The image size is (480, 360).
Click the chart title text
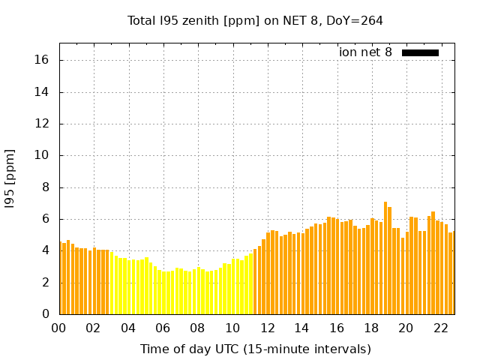click(255, 20)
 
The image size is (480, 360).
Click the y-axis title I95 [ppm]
click(10, 178)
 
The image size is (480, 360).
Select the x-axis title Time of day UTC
click(255, 349)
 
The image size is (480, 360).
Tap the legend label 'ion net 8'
click(365, 52)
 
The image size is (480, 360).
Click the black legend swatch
click(420, 52)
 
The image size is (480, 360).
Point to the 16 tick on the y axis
click(44, 61)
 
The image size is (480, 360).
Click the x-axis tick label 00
click(58, 328)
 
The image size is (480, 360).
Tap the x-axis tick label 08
click(197, 328)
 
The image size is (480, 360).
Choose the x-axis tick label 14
click(301, 328)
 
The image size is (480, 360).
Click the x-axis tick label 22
click(440, 328)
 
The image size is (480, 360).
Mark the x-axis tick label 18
click(371, 328)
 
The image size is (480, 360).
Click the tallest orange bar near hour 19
click(385, 258)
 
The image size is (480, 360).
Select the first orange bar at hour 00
click(64, 278)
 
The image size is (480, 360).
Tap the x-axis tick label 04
click(128, 328)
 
